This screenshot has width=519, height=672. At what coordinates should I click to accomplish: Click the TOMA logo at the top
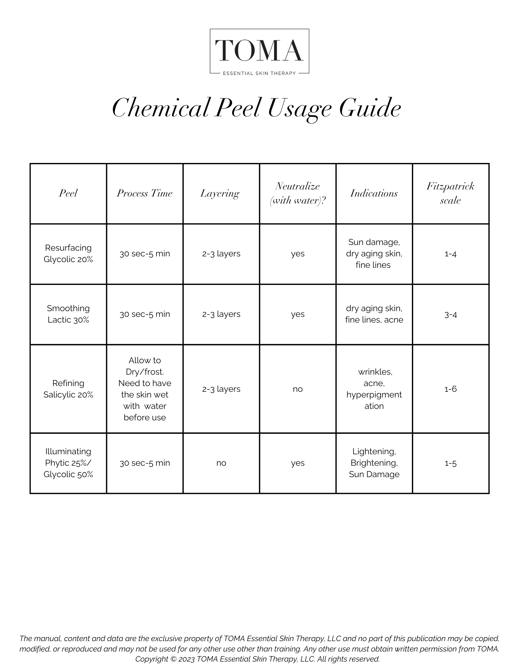(x=259, y=51)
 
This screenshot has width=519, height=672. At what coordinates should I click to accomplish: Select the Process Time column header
(x=144, y=193)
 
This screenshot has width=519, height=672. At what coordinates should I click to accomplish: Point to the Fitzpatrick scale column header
(x=450, y=193)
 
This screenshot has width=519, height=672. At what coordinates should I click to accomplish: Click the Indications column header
(x=374, y=193)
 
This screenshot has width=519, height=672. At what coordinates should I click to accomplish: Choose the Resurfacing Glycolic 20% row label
(x=68, y=254)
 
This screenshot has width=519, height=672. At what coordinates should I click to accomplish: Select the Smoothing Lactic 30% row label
(x=68, y=314)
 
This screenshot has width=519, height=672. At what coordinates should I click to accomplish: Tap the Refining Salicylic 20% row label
(x=68, y=389)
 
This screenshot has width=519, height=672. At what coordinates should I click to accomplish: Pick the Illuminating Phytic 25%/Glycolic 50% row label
(x=68, y=463)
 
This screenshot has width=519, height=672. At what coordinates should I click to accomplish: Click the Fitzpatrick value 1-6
(x=450, y=389)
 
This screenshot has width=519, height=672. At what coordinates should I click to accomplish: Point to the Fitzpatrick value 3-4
(x=450, y=314)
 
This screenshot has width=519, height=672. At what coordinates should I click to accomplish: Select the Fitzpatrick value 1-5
(x=450, y=463)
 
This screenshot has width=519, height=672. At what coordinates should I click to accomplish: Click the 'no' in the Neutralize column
(x=298, y=389)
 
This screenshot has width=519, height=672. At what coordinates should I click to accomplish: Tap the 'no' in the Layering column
(x=221, y=463)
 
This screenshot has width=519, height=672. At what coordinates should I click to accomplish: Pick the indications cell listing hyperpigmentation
(x=374, y=389)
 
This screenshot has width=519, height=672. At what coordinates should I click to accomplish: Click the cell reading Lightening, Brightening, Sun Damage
(x=374, y=463)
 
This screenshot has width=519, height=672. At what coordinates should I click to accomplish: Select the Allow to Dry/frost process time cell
(x=144, y=389)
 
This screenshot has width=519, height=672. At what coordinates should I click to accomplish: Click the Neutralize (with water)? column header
(x=298, y=193)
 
